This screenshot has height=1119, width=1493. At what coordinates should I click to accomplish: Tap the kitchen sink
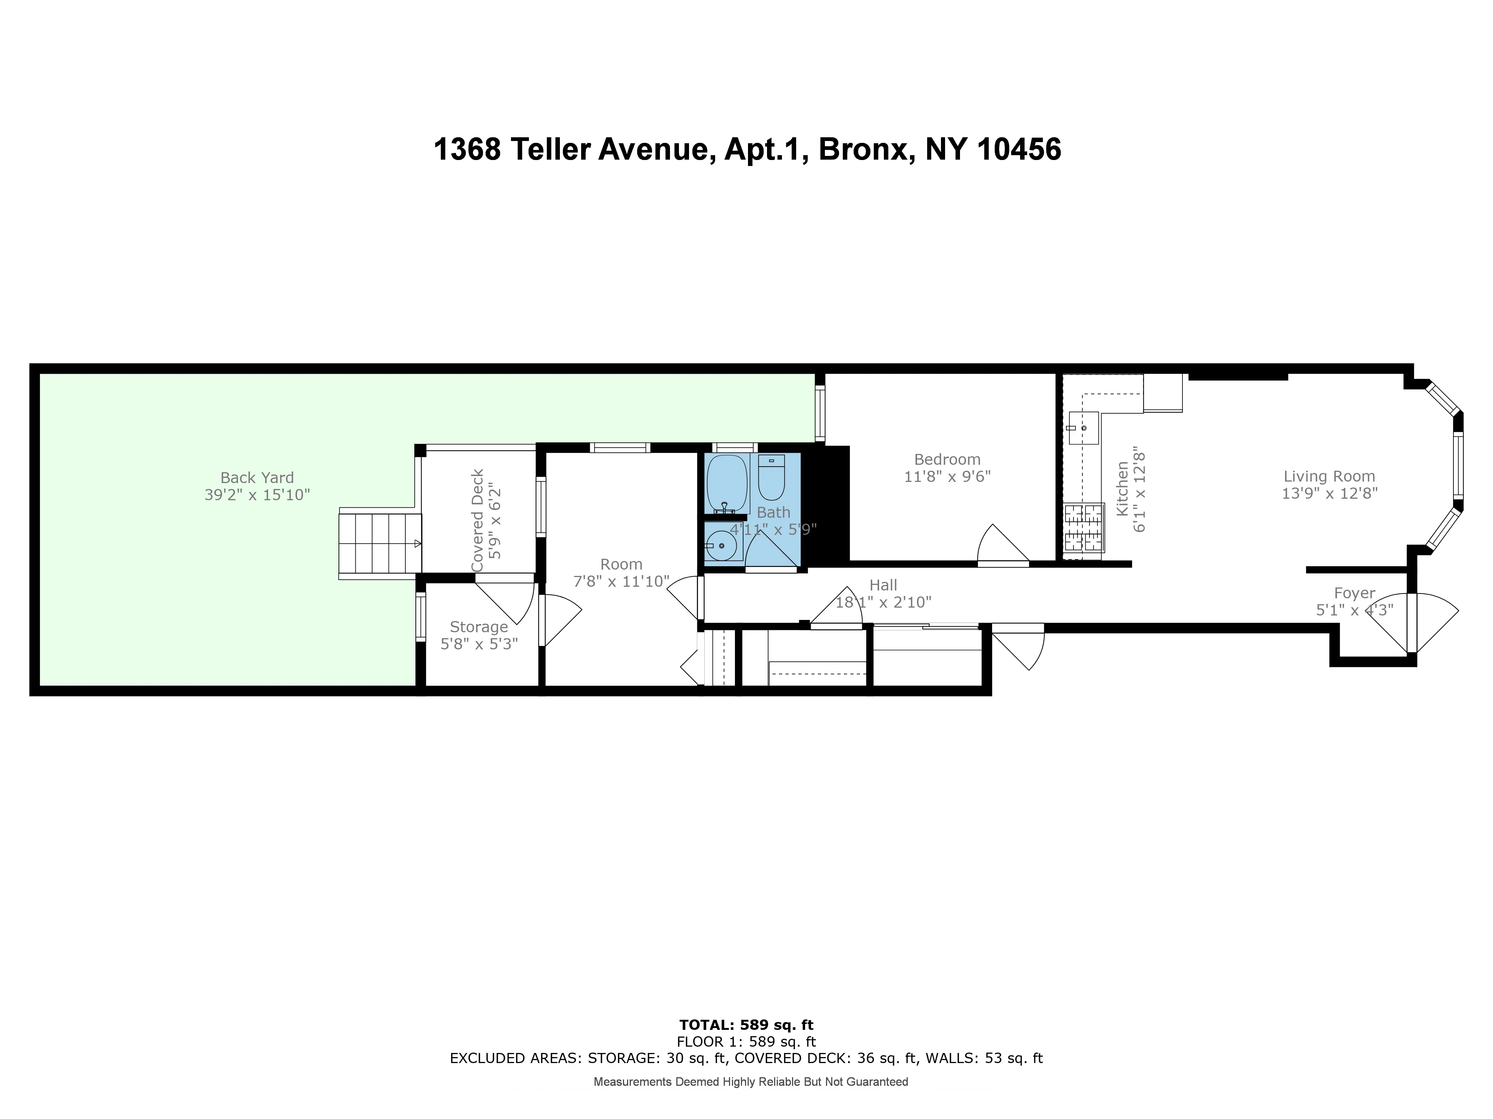coord(1083,427)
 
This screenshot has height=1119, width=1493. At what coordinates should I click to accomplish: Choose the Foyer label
coord(1354,593)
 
